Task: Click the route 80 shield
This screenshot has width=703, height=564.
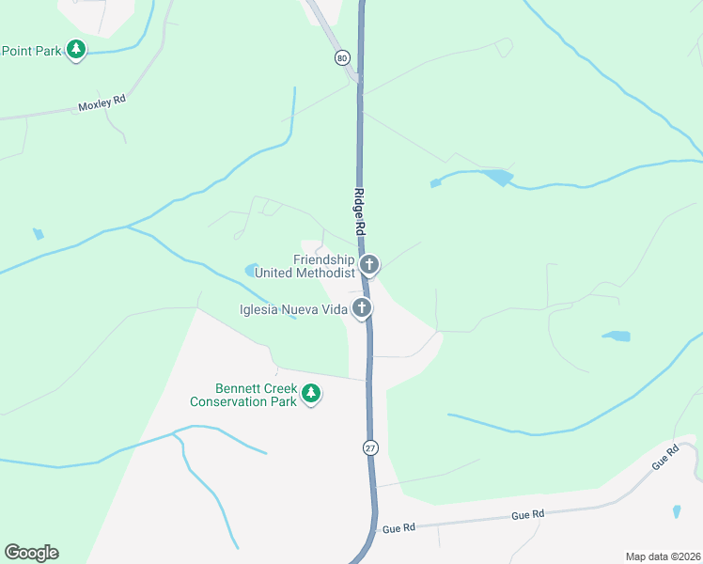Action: point(341,57)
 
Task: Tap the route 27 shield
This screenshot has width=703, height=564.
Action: point(370,448)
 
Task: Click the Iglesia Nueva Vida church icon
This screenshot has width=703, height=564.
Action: point(361,308)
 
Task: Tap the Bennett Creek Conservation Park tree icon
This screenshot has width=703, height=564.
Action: point(311,395)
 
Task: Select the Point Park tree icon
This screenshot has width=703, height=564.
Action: point(76,50)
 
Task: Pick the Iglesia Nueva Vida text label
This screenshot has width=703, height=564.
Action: point(293,309)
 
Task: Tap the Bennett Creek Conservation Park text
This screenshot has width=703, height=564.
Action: point(243,395)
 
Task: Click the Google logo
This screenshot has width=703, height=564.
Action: point(31,553)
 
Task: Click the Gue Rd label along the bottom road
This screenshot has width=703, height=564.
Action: point(527,515)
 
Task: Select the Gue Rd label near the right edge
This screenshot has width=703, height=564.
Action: point(664,458)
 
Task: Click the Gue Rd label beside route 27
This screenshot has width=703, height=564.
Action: point(398,530)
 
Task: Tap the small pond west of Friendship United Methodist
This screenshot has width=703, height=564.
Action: point(251,271)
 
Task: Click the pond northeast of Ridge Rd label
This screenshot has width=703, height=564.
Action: point(495,176)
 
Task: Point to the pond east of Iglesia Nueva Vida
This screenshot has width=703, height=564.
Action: point(617,336)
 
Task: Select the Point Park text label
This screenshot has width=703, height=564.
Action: point(30,51)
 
